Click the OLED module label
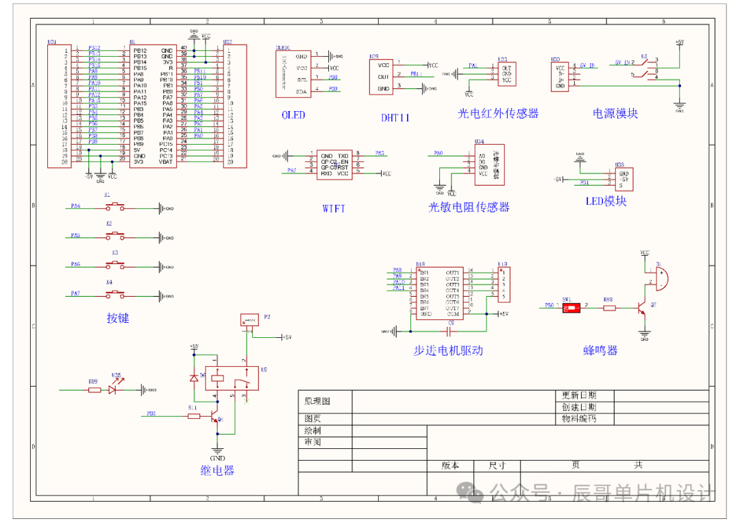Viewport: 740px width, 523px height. tap(293, 115)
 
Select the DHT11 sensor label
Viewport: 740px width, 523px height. tap(395, 117)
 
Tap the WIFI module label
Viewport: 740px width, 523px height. tap(334, 208)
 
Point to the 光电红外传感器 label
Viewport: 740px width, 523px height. tap(498, 114)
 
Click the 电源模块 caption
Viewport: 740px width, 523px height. tap(615, 114)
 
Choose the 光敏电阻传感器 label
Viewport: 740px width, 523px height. tap(469, 207)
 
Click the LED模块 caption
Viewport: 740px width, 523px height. tap(606, 201)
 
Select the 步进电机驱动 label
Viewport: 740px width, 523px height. tap(448, 350)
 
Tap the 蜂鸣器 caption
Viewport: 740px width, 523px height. tap(600, 350)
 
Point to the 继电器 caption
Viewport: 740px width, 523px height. tap(217, 470)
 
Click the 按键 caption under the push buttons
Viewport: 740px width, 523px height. tap(118, 318)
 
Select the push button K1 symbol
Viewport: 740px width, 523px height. tap(114, 206)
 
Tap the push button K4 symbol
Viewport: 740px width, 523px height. tap(114, 295)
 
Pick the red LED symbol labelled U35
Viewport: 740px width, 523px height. tap(116, 389)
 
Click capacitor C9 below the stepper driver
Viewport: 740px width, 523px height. tap(450, 331)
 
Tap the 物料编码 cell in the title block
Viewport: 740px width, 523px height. tap(579, 417)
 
